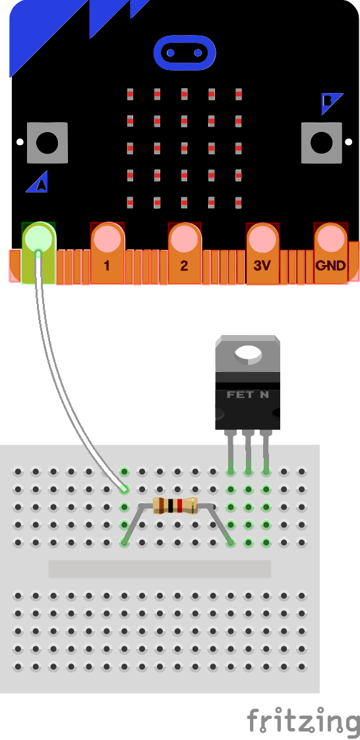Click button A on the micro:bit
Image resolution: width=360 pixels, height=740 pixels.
(47, 142)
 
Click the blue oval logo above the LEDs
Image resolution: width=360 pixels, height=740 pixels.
(184, 52)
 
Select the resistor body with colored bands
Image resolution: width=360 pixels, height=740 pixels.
(175, 506)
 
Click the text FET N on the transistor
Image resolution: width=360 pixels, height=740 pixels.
(247, 395)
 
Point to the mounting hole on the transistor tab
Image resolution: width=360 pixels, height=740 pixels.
(248, 354)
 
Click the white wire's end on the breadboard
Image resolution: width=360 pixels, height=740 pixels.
(123, 489)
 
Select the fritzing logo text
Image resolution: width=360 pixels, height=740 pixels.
(303, 720)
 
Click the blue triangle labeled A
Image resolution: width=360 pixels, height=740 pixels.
(38, 183)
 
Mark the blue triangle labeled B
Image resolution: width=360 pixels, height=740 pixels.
(330, 102)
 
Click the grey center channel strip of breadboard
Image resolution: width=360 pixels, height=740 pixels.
(160, 569)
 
